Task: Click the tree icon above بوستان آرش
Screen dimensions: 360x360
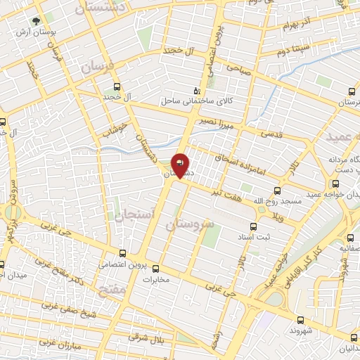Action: click(37, 22)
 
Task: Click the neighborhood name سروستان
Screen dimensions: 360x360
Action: click(189, 226)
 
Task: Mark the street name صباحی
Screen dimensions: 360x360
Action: click(237, 68)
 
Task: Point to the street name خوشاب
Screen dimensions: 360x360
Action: click(115, 127)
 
